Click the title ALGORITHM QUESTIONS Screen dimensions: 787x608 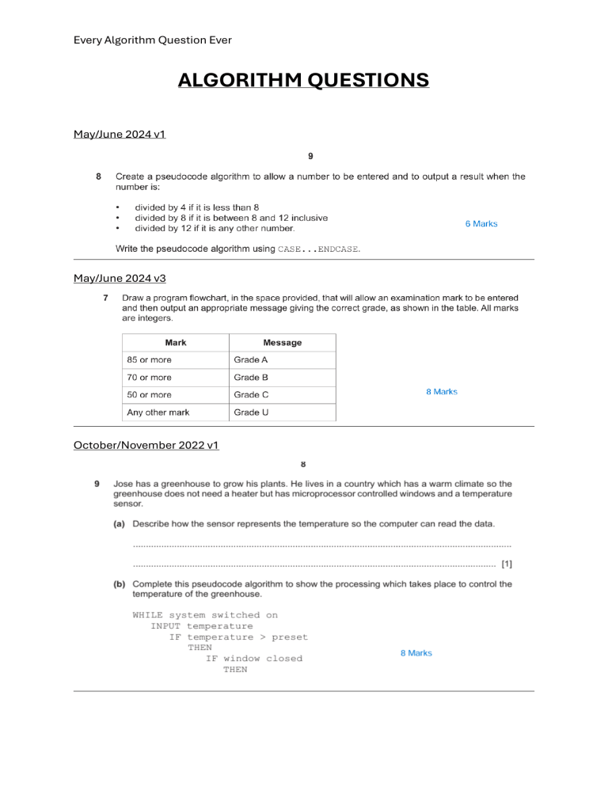(303, 80)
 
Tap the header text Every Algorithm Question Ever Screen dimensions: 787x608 (152, 40)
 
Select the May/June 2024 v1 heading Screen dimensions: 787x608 (120, 134)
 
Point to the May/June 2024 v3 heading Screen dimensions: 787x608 (120, 278)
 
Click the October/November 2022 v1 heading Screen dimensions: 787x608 (146, 445)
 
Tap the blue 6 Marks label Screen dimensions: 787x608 (481, 224)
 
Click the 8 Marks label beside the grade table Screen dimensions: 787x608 (442, 392)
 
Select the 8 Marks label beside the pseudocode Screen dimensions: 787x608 (416, 653)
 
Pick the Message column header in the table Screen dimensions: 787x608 (283, 343)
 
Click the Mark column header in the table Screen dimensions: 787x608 (176, 343)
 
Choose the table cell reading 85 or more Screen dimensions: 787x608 (149, 360)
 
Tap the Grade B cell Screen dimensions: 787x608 (251, 378)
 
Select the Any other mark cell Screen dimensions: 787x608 (158, 413)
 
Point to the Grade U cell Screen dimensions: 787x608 (251, 413)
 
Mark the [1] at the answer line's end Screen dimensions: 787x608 (507, 565)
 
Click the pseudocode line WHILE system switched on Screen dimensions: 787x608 (205, 615)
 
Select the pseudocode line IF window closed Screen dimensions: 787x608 (254, 659)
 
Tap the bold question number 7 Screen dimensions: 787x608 (106, 298)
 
